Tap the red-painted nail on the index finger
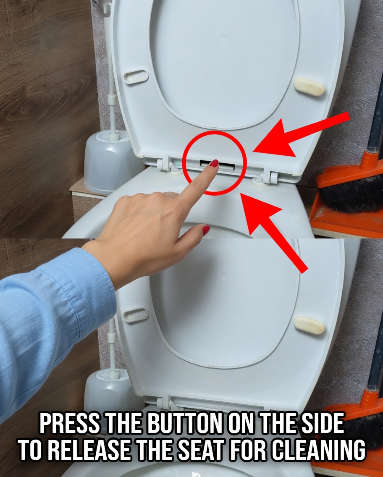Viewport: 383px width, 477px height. (214, 163)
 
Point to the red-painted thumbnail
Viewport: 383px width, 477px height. (206, 230)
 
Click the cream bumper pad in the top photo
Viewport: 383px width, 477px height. (310, 86)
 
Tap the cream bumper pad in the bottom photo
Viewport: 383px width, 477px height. (310, 325)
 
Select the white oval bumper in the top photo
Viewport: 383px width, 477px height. (136, 76)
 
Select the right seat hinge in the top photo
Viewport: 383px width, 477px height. (267, 176)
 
